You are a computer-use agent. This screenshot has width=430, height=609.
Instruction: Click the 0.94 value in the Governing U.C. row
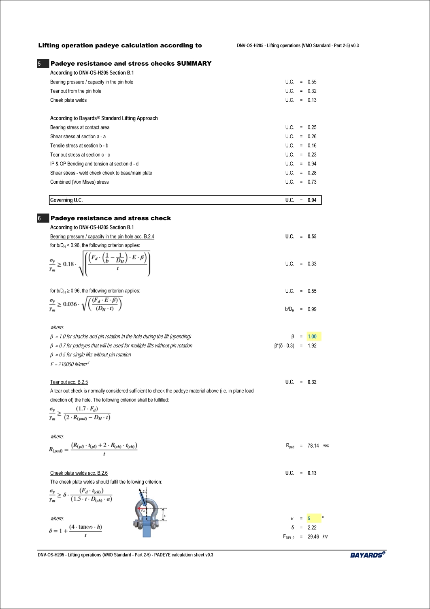click(312, 200)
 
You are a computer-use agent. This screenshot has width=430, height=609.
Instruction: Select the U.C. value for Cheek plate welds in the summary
click(312, 100)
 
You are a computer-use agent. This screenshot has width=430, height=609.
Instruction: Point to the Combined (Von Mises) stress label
click(79, 182)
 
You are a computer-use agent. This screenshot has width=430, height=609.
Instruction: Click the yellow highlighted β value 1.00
click(312, 337)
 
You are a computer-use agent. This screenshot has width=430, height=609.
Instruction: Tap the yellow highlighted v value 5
click(309, 519)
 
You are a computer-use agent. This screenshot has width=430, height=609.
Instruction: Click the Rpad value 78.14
click(313, 446)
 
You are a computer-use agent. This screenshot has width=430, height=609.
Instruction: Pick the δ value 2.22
click(312, 528)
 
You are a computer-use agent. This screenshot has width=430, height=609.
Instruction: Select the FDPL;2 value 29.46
click(313, 537)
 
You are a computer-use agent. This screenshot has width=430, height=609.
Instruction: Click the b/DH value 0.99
click(312, 309)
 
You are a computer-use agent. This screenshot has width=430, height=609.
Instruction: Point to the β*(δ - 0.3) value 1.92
click(312, 346)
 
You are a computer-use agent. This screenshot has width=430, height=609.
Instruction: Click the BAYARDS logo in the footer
click(368, 555)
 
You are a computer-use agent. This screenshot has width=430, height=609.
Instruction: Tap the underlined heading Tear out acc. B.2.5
click(69, 382)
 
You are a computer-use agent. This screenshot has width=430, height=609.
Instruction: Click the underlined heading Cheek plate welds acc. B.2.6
click(79, 473)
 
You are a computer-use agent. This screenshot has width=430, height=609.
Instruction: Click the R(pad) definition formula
click(93, 448)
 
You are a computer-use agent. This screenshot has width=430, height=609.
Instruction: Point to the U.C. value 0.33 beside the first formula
click(312, 264)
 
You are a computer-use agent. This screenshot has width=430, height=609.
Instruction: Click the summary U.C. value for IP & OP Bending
click(312, 164)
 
